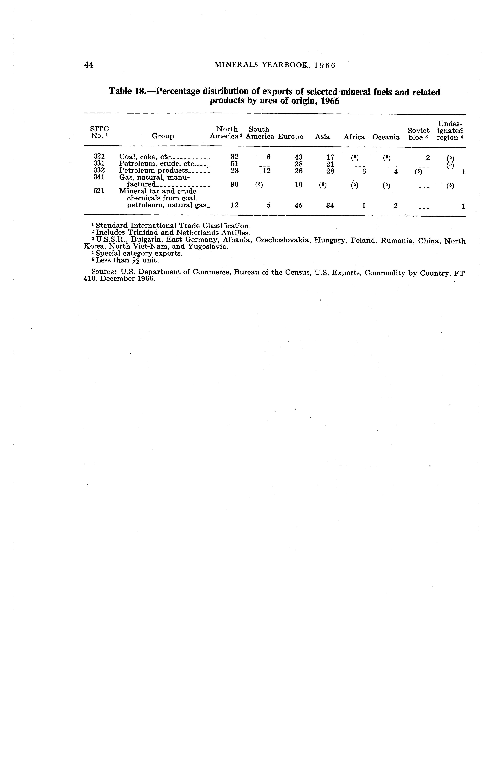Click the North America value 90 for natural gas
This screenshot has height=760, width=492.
[x=234, y=185]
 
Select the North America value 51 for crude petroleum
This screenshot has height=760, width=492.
[x=234, y=164]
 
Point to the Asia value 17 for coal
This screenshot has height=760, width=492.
[x=330, y=157]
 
